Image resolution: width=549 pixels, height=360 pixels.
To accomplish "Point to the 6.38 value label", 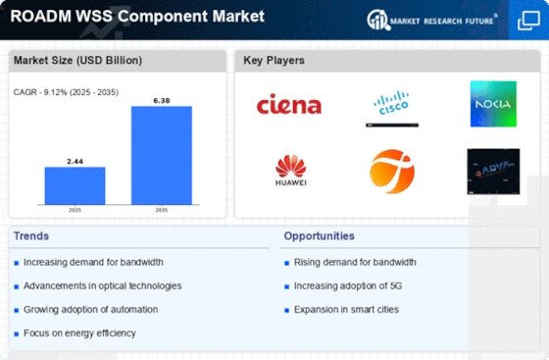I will tap(162, 100).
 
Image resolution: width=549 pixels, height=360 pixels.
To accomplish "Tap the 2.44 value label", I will tap(75, 161).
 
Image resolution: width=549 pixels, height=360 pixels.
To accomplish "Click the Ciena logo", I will tap(289, 103).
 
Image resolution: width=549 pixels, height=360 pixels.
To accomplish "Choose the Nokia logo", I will tap(493, 104).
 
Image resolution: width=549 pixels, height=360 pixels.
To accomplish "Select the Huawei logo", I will tap(290, 170).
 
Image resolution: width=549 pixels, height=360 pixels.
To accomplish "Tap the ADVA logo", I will tap(493, 171).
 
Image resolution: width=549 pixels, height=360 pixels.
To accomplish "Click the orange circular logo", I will tap(391, 171).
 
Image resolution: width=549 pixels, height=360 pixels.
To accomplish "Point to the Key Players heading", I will tap(274, 60).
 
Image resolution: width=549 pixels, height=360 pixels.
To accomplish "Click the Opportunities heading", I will tap(321, 235).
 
